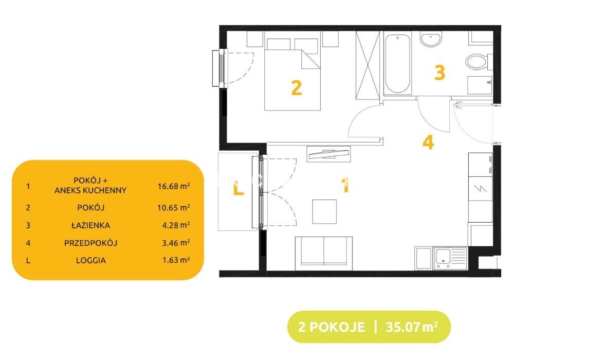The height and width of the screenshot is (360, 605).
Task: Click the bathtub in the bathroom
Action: [x=397, y=64]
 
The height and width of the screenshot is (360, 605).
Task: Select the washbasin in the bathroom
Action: [x=431, y=40]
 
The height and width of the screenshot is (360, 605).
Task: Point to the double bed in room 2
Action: [x=292, y=74]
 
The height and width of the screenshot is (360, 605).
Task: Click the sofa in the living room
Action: [x=324, y=253]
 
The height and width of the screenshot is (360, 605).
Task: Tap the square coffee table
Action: [x=324, y=211]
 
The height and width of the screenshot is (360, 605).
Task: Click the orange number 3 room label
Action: [x=439, y=73]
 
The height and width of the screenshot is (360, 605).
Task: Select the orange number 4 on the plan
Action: [x=428, y=142]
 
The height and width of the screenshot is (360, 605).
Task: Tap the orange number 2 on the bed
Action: [x=296, y=87]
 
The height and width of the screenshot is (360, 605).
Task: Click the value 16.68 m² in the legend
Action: [x=174, y=186]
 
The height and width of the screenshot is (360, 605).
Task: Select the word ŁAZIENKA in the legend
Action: [x=90, y=225]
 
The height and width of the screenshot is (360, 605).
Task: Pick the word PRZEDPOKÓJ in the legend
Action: [x=90, y=243]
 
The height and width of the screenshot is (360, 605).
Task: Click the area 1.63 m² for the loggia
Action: [x=176, y=260]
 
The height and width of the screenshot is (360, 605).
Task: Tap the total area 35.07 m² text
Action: [x=412, y=327]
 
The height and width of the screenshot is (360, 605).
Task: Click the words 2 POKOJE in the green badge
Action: [x=332, y=327]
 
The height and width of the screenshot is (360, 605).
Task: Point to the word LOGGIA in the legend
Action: [x=90, y=260]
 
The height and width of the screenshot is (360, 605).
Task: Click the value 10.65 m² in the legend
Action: [x=174, y=208]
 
